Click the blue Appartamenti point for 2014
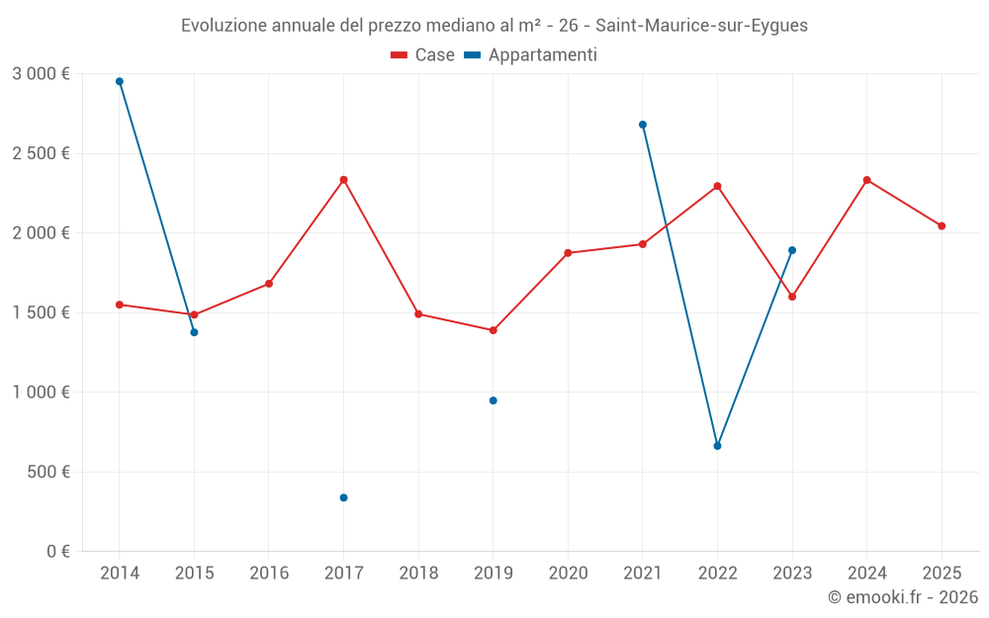[x=120, y=81]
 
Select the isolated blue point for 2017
[x=343, y=497]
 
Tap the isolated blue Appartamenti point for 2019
[x=493, y=400]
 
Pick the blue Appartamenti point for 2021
[x=643, y=125]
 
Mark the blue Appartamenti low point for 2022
[x=717, y=446]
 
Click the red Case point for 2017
[x=343, y=180]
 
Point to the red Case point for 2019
[x=493, y=330]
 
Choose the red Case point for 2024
[x=866, y=180]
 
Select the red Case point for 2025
[x=942, y=225]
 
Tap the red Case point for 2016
[x=269, y=284]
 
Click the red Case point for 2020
[x=568, y=253]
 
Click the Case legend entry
[x=423, y=55]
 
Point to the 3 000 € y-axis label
[x=41, y=74]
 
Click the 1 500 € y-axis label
[x=41, y=312]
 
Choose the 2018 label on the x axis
[x=418, y=573]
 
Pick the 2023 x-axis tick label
[x=792, y=573]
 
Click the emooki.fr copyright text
[x=902, y=597]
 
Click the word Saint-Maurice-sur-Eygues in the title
[x=701, y=26]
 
